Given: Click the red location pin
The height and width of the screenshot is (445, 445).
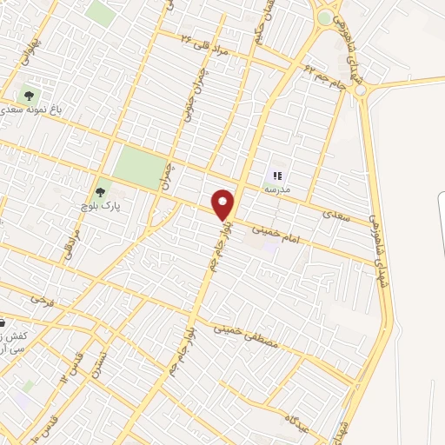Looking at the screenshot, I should [x=223, y=204].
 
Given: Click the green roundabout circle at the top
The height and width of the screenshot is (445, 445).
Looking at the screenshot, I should [x=325, y=17].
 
